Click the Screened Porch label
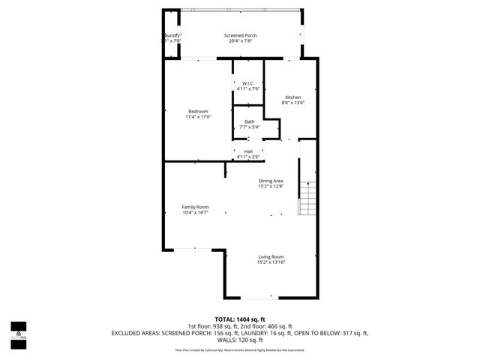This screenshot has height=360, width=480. (x=240, y=35)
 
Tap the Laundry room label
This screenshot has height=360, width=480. (x=172, y=35)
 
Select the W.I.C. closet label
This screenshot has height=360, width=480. (x=248, y=83)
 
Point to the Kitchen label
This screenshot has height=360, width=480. (x=292, y=97)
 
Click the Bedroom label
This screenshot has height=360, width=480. (x=198, y=111)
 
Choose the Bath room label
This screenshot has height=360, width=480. (x=249, y=121)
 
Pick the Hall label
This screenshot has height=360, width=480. (x=248, y=151)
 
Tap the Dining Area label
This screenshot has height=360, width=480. (x=271, y=181)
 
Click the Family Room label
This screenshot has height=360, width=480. (x=195, y=207)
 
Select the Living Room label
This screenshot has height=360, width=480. (x=271, y=256)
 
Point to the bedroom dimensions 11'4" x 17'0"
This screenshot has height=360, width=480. (x=198, y=117)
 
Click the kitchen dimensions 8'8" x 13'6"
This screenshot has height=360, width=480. (x=292, y=103)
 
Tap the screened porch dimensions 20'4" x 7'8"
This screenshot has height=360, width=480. (x=240, y=41)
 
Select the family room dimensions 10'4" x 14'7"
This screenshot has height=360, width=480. (x=195, y=213)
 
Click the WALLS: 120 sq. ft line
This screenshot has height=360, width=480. (x=240, y=339)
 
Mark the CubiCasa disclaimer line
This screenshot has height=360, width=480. (x=240, y=349)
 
